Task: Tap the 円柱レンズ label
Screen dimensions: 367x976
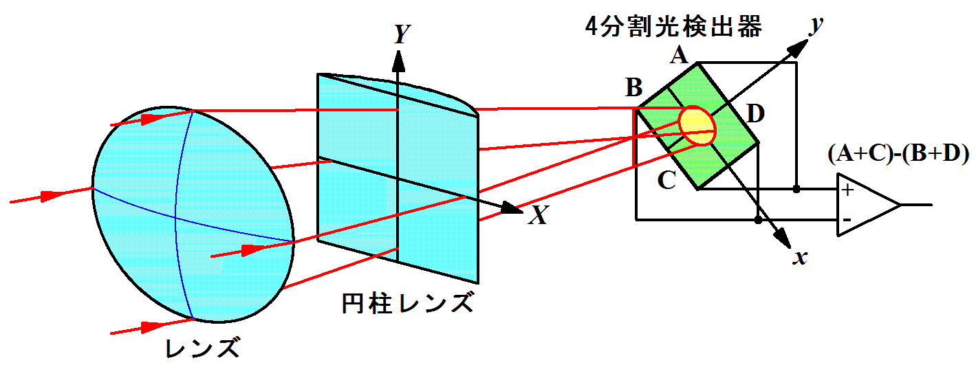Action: tap(407, 303)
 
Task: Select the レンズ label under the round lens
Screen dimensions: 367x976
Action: tap(204, 348)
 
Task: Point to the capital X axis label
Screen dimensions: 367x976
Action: tap(539, 216)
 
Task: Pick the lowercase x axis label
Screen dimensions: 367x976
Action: tap(799, 258)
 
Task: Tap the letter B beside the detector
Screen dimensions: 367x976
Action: tap(633, 89)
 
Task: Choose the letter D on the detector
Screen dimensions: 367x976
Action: tap(755, 114)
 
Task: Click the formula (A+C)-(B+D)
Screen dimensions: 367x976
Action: tap(898, 155)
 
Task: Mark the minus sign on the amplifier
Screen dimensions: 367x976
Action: tap(847, 220)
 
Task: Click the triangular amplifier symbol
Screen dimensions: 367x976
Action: tap(863, 205)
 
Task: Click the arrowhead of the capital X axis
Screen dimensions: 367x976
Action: tap(512, 208)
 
